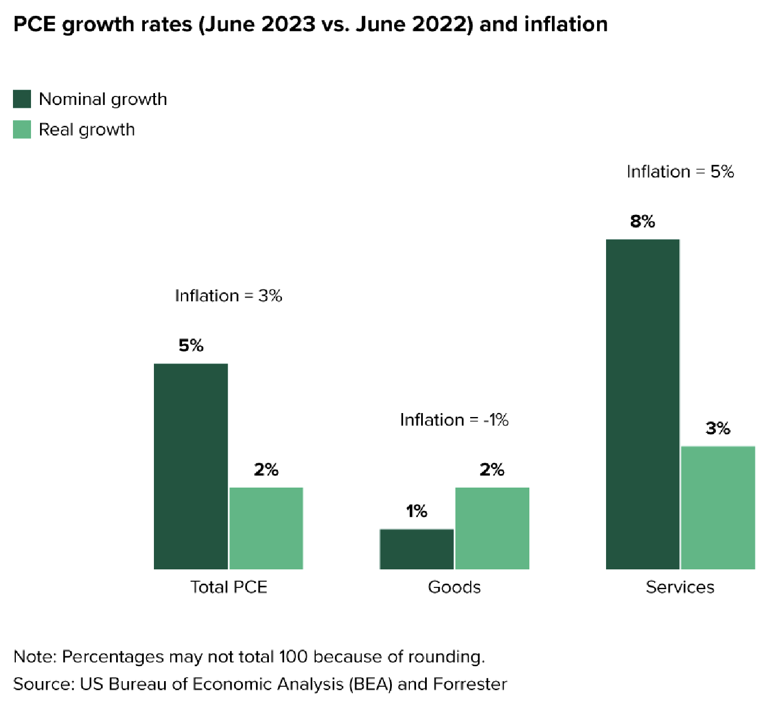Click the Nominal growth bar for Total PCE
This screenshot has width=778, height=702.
tap(191, 466)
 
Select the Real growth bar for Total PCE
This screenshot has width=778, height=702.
tap(266, 528)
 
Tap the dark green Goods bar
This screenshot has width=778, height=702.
tap(417, 549)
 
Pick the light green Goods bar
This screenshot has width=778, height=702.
tap(492, 528)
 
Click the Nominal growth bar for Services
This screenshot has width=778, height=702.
tap(643, 404)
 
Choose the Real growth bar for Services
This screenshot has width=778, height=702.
tap(718, 507)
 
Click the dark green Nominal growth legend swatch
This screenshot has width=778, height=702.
tap(22, 99)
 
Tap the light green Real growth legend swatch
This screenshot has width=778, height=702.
tap(22, 129)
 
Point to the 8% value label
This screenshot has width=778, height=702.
tap(643, 221)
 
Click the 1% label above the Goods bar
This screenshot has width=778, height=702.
tap(417, 511)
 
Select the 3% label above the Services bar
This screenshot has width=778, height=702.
tap(718, 428)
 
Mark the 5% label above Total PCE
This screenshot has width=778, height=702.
tap(191, 345)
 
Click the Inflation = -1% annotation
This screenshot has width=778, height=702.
tap(454, 420)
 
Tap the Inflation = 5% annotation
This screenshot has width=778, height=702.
tap(680, 172)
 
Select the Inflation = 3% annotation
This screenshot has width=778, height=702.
tap(228, 296)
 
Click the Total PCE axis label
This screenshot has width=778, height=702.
tap(228, 587)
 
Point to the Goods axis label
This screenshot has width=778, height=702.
tap(454, 587)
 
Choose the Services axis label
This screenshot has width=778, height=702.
tap(680, 587)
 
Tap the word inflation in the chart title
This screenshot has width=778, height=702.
tap(565, 24)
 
